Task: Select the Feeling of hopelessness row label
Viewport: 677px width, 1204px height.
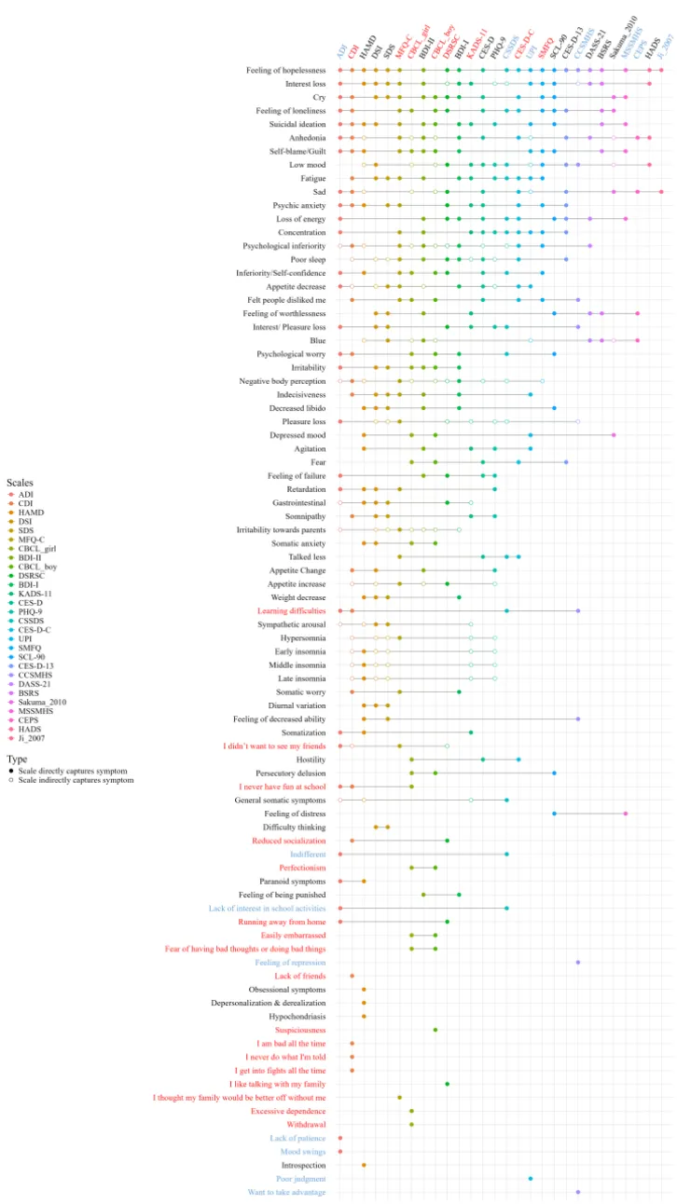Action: (x=286, y=70)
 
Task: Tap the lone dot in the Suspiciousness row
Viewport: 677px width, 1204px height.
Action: (x=435, y=1030)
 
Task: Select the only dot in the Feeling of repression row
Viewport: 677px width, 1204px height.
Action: (x=578, y=963)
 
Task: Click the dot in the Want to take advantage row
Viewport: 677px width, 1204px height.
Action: (x=578, y=1192)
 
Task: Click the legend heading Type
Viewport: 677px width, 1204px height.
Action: (x=17, y=759)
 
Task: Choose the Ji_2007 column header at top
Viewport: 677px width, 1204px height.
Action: (x=665, y=42)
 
